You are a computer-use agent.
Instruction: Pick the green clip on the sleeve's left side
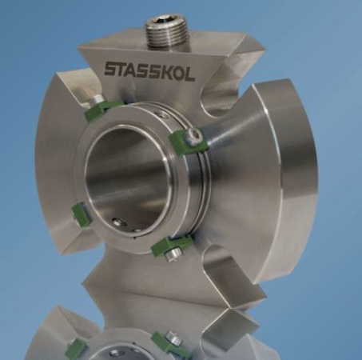coord(78,212)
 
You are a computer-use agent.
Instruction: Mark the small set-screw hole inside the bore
coord(117,222)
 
